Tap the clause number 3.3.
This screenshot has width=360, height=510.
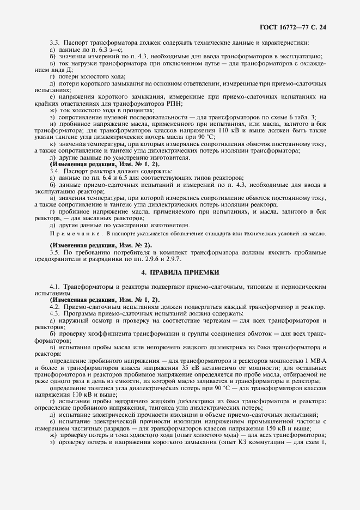[54, 42]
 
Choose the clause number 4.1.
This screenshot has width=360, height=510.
[54, 286]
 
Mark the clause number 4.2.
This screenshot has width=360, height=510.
[54, 306]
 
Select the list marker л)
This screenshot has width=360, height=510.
[52, 157]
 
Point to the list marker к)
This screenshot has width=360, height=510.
[52, 144]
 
